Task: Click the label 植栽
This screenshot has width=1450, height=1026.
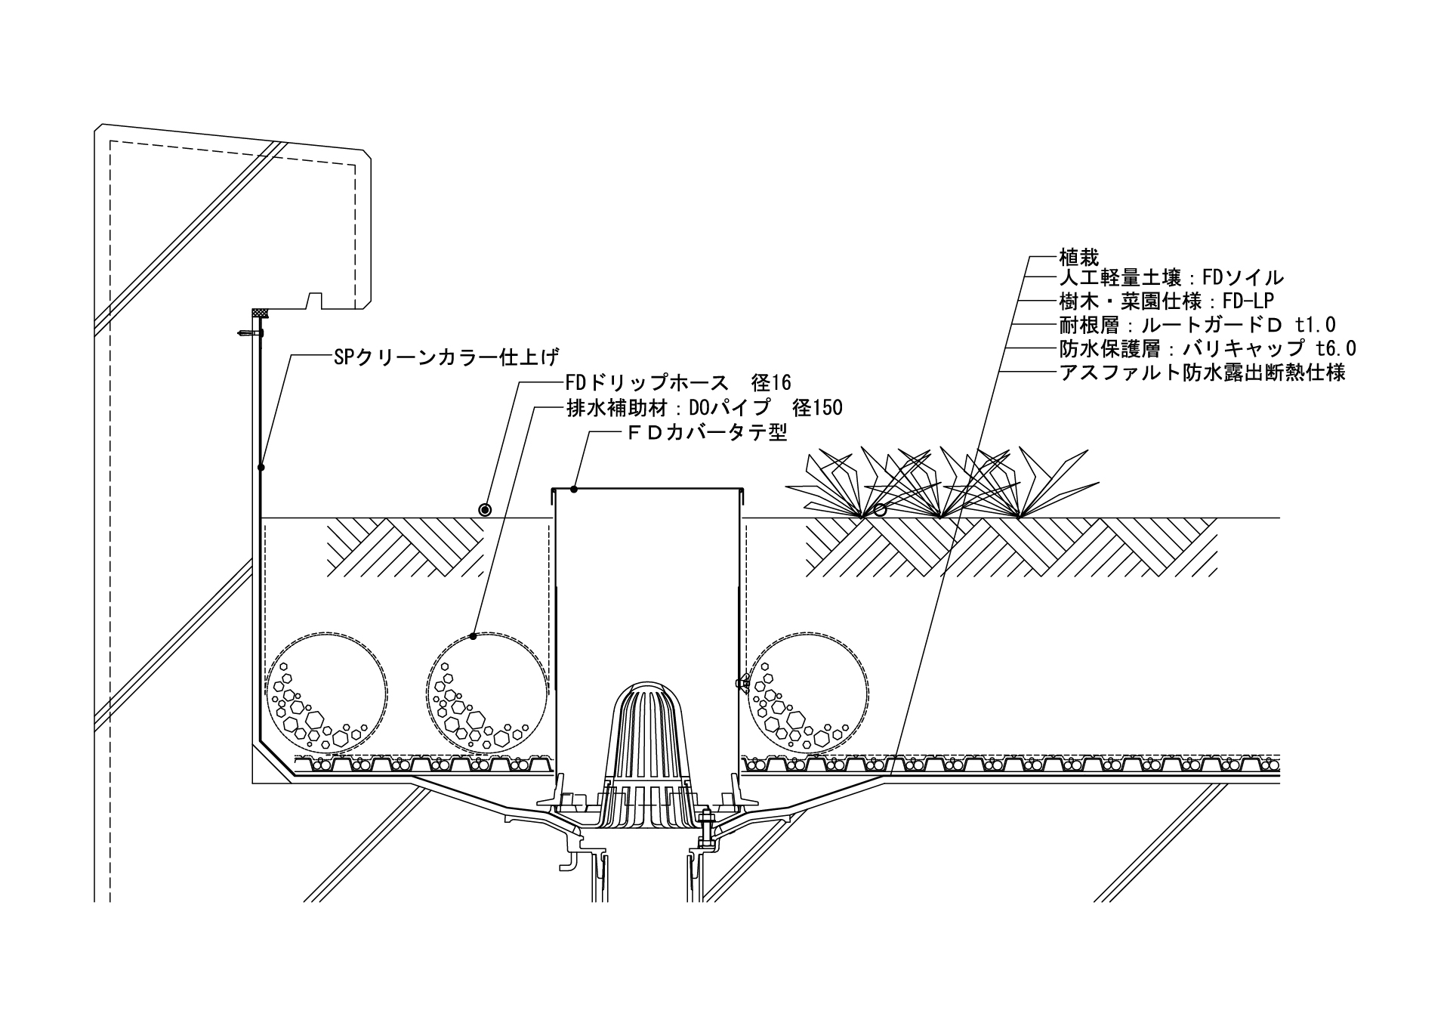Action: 1078,257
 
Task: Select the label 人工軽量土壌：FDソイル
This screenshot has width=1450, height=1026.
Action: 1171,278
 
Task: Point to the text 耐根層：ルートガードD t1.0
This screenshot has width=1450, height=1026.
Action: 1197,325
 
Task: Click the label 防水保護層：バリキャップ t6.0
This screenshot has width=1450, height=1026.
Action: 1208,348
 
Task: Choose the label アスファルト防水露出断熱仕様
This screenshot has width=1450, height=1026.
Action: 1202,372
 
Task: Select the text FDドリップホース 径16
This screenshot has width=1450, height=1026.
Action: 678,383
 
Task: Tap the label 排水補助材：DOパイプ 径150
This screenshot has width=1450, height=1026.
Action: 704,408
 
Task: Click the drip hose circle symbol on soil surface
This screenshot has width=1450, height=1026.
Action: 484,510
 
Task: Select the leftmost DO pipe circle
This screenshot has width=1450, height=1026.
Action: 324,695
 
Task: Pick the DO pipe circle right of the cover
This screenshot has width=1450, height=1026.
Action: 808,695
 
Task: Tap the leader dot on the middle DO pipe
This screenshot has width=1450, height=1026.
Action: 474,636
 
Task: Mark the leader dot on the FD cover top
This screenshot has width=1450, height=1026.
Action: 574,490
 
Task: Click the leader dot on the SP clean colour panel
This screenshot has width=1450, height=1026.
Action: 261,468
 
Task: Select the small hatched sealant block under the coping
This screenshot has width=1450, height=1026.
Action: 261,312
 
